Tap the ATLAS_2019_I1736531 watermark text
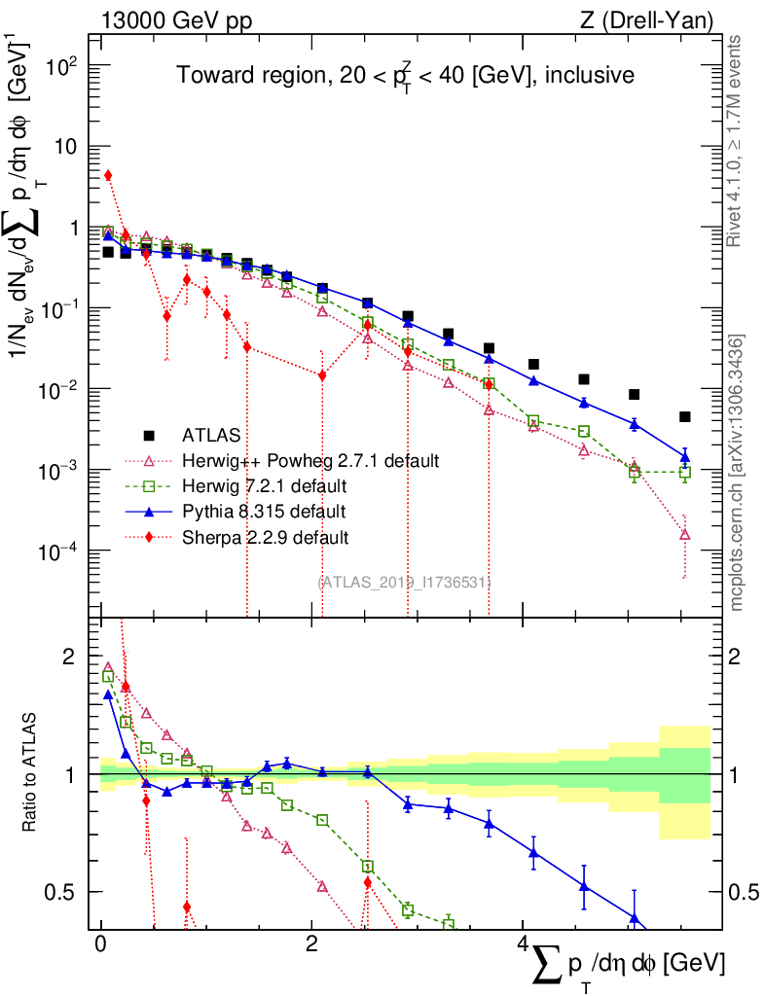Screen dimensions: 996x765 [404, 582]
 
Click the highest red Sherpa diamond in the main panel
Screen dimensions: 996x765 [108, 175]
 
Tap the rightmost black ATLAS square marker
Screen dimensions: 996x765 [685, 417]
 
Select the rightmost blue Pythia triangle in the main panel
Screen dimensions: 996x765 [685, 456]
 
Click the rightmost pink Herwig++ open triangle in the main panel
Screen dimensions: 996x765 [685, 534]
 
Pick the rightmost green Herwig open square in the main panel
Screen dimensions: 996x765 [685, 473]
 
